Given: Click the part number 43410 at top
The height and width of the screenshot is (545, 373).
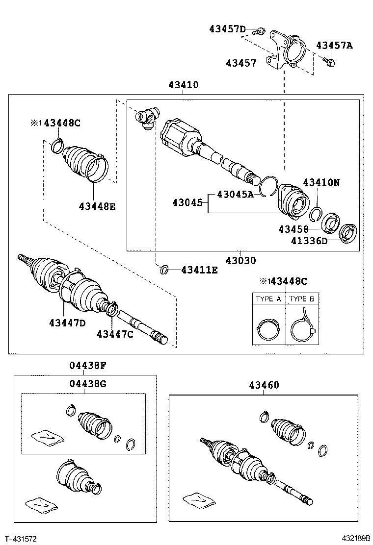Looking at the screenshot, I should tap(183, 85).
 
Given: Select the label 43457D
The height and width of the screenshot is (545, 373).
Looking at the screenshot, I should tap(227, 29).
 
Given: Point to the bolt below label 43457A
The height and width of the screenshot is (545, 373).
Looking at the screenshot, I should tap(330, 62).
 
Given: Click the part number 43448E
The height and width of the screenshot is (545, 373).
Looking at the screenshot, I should tap(97, 206).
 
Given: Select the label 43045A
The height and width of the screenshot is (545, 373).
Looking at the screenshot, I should tap(235, 195).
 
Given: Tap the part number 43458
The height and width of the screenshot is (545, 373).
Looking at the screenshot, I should tap(293, 229).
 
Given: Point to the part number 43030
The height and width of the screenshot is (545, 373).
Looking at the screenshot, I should tap(240, 261).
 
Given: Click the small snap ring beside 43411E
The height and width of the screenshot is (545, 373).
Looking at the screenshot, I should tap(165, 269).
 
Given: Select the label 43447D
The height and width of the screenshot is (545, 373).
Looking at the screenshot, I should tap(67, 322).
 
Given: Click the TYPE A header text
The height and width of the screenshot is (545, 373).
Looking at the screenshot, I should tap(268, 298).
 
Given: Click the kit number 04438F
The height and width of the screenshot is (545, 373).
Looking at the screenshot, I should tap(87, 365).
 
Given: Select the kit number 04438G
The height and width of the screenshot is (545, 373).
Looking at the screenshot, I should tap(87, 383).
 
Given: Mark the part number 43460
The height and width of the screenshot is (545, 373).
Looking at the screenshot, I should tap(260, 385).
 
